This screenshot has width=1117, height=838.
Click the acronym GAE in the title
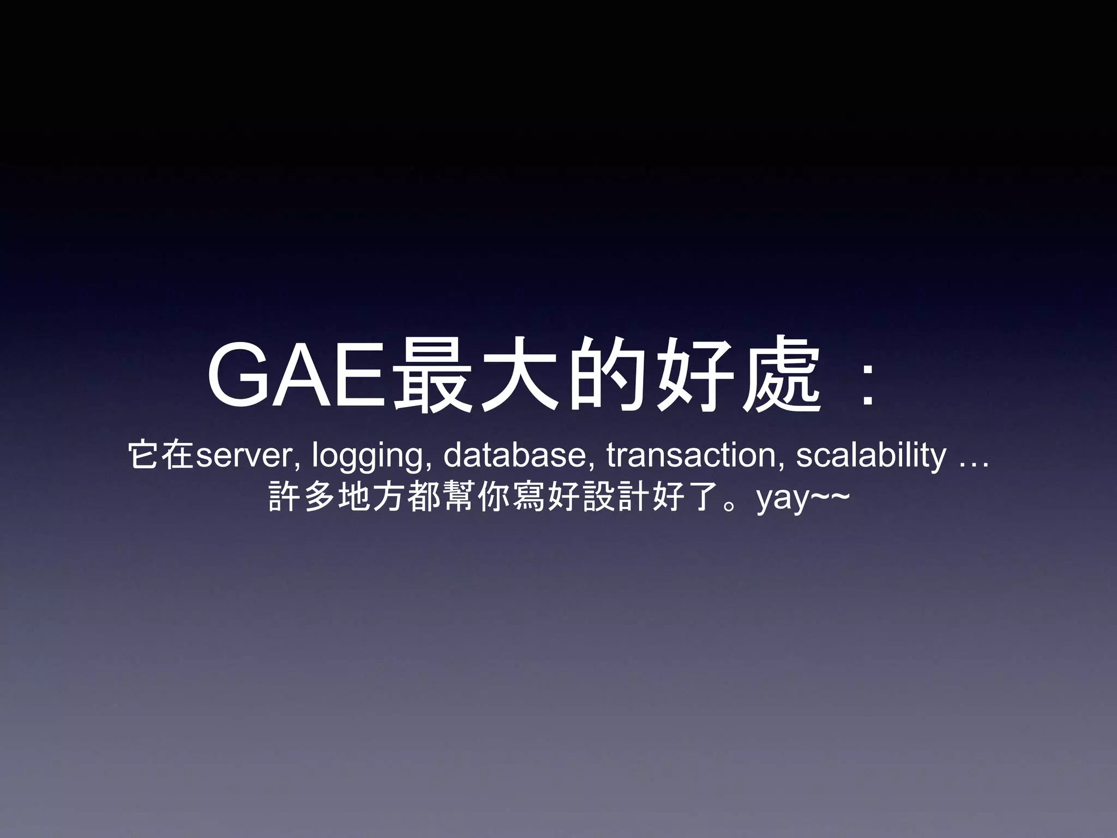coord(299,376)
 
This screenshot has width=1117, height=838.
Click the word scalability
coord(871,457)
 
